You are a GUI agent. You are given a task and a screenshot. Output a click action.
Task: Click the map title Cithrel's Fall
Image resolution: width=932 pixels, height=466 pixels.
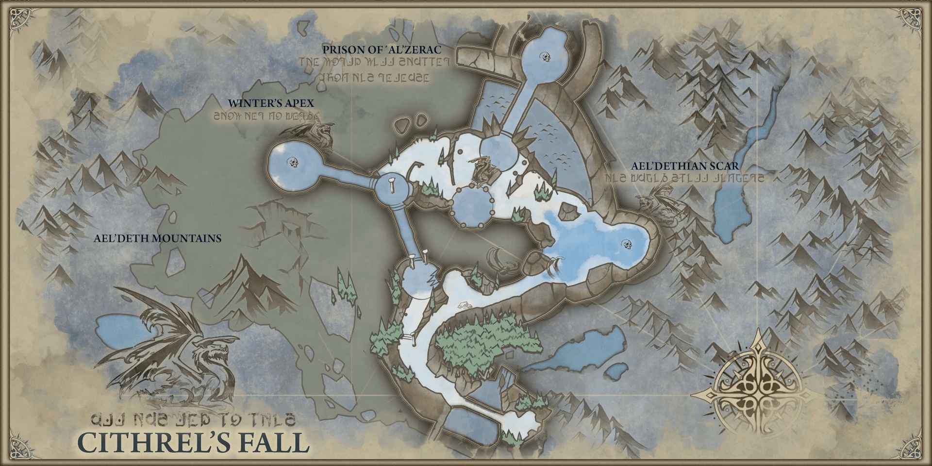(x=193, y=442)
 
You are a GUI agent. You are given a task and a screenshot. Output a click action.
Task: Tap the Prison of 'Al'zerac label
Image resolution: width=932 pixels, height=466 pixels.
(x=382, y=50)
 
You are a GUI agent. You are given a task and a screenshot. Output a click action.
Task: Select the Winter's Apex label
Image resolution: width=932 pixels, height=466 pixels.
(x=271, y=103)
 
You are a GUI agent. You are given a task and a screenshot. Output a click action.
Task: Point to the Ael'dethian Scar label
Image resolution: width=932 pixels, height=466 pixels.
(x=685, y=166)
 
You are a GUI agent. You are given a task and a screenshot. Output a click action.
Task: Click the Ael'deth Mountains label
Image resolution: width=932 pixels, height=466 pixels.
(x=157, y=238)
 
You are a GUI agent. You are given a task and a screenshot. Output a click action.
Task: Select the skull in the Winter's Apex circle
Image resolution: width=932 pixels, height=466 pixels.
(x=293, y=162)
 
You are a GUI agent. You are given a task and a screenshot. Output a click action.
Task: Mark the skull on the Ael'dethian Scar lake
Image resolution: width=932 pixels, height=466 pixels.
(x=627, y=244)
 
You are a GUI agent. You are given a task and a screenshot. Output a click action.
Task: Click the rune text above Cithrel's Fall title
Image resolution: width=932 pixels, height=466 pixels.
(x=193, y=418)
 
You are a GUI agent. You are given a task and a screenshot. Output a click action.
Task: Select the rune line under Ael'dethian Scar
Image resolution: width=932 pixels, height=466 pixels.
(x=684, y=178)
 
